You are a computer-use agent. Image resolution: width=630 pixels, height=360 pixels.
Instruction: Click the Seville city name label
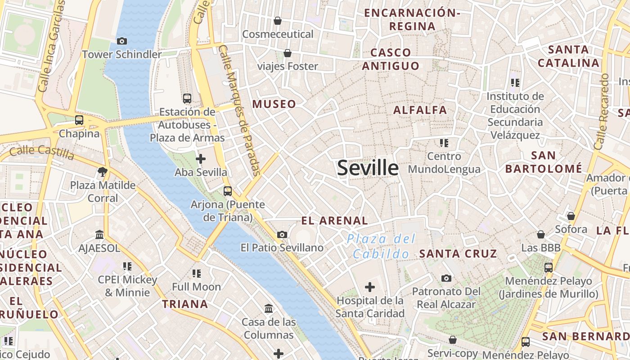click(x=368, y=168)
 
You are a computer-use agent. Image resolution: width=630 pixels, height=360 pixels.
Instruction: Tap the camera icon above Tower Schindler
click(x=121, y=41)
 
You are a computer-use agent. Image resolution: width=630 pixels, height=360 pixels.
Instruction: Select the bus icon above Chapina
click(x=79, y=120)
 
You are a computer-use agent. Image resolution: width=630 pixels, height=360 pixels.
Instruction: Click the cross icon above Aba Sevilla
click(x=201, y=159)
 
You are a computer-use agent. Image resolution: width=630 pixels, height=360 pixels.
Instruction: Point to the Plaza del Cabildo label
click(x=381, y=246)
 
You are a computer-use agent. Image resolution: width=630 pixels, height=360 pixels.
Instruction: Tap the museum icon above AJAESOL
click(x=99, y=234)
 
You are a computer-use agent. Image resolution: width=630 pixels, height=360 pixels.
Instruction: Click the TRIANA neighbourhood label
click(x=185, y=304)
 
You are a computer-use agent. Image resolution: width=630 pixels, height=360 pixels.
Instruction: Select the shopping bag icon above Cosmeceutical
click(x=278, y=21)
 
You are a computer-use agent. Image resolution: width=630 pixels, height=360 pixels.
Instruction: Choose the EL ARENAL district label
click(x=334, y=220)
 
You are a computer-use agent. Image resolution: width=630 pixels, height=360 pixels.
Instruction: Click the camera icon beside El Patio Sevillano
click(x=282, y=234)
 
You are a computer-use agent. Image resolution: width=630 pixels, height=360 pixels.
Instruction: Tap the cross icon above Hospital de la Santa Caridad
click(x=370, y=287)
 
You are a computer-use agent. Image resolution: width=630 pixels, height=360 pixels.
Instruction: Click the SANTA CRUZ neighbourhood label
click(x=458, y=253)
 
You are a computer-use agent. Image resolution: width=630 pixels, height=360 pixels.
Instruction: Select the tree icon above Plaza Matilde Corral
click(x=103, y=171)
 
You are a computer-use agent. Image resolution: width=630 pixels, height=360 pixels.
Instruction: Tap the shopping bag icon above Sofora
click(x=571, y=216)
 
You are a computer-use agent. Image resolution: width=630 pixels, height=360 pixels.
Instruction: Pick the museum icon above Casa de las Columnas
click(x=269, y=309)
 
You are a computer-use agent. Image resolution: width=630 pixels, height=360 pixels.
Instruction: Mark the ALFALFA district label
click(x=420, y=110)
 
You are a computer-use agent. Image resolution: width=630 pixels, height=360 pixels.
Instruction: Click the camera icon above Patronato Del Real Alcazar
click(x=446, y=279)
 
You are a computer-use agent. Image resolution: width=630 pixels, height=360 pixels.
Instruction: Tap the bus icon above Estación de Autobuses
click(x=187, y=98)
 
